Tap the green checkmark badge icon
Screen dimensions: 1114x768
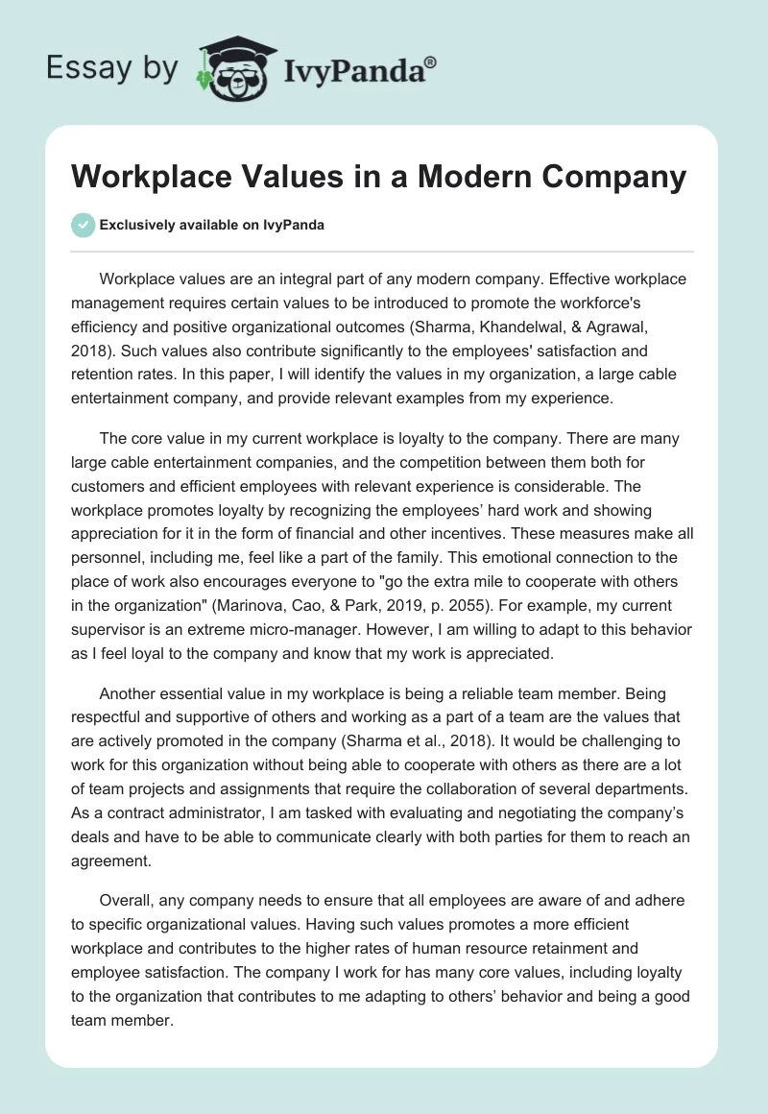coord(83,225)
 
